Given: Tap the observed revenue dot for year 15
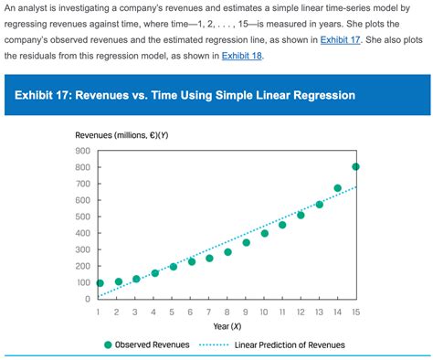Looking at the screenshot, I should (x=355, y=166).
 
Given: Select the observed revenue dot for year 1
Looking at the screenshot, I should (x=100, y=283).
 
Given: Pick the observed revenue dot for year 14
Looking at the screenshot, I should (x=337, y=188).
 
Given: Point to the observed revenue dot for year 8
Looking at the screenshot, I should (x=227, y=252).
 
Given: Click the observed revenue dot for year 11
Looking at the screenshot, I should (x=282, y=225).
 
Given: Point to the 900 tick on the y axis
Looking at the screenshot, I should (x=82, y=151).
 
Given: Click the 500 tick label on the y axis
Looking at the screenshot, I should (x=82, y=217).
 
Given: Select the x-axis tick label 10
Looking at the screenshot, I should (x=264, y=312).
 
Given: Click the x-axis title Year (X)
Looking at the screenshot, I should (x=227, y=326).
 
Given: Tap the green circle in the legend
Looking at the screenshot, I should (x=108, y=345).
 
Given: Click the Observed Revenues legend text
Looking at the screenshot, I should (x=153, y=345).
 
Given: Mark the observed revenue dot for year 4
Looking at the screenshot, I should (x=154, y=273).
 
